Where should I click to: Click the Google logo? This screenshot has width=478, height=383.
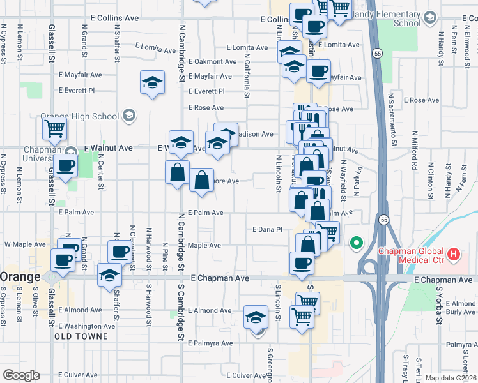coord(21,375)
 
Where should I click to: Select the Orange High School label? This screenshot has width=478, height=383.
coord(80,116)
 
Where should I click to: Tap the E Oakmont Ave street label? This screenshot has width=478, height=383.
coord(212,62)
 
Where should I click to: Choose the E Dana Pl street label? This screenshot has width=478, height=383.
coord(267,229)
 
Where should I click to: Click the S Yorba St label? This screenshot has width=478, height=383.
coord(438,303)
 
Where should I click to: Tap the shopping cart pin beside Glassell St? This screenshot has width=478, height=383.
coord(55,128)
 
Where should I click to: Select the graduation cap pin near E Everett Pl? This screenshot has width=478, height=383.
coord(152,83)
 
